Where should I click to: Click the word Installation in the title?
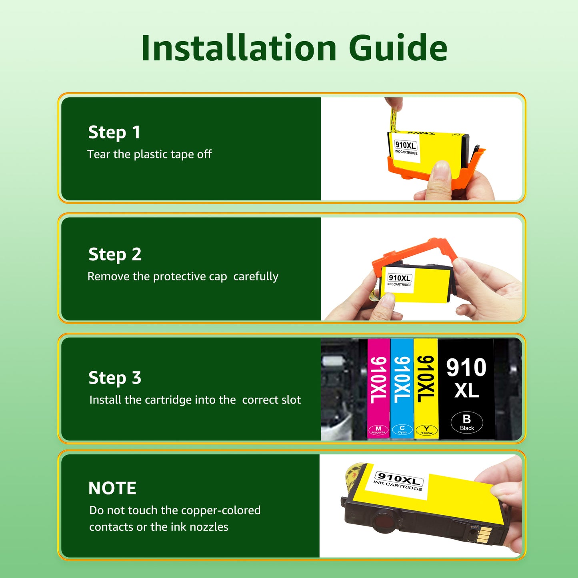coord(239,48)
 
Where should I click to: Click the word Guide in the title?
coord(398,48)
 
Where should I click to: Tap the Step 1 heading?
coord(114,132)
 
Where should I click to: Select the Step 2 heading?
coord(115,255)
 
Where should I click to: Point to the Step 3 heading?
coord(115,378)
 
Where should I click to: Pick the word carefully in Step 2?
coord(256,276)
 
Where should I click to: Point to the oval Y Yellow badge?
coord(426,431)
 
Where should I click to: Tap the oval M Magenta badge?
coord(378,431)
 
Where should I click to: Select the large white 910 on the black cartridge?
coord(466,367)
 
